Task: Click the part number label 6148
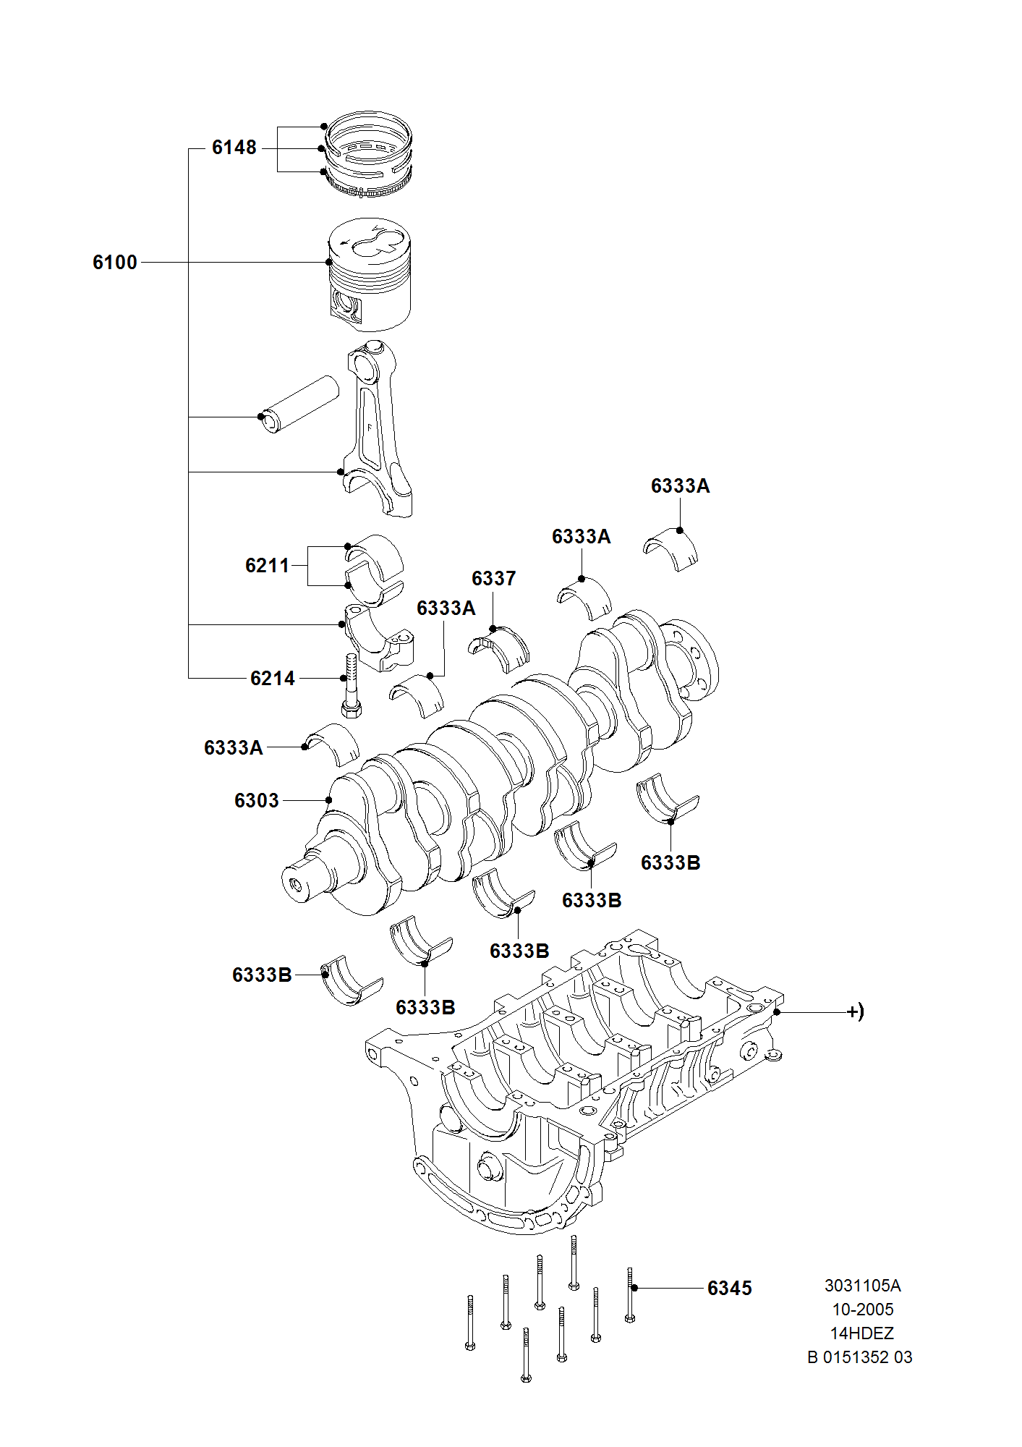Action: (x=234, y=148)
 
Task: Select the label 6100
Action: (x=114, y=263)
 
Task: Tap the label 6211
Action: (x=267, y=566)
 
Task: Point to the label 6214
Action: (x=272, y=679)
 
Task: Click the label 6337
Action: (x=493, y=579)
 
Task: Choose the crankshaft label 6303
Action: (x=256, y=801)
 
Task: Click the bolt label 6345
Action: (x=729, y=1289)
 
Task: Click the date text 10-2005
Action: (x=862, y=1310)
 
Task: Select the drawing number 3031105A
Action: (x=862, y=1286)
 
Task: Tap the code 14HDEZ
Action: (x=861, y=1333)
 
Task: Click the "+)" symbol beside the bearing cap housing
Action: (x=855, y=1011)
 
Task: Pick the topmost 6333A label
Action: (x=680, y=486)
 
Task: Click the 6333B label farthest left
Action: (x=261, y=975)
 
